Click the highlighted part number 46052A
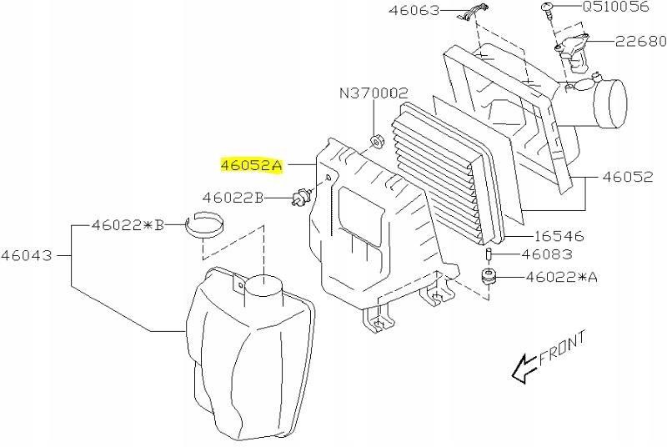pyautogui.click(x=251, y=166)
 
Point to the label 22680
pyautogui.click(x=640, y=41)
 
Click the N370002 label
pyautogui.click(x=373, y=93)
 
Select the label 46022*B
pyautogui.click(x=128, y=224)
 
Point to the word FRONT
pyautogui.click(x=564, y=349)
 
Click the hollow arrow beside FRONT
pyautogui.click(x=524, y=367)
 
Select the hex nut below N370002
pyautogui.click(x=375, y=139)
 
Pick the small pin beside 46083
pyautogui.click(x=490, y=254)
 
